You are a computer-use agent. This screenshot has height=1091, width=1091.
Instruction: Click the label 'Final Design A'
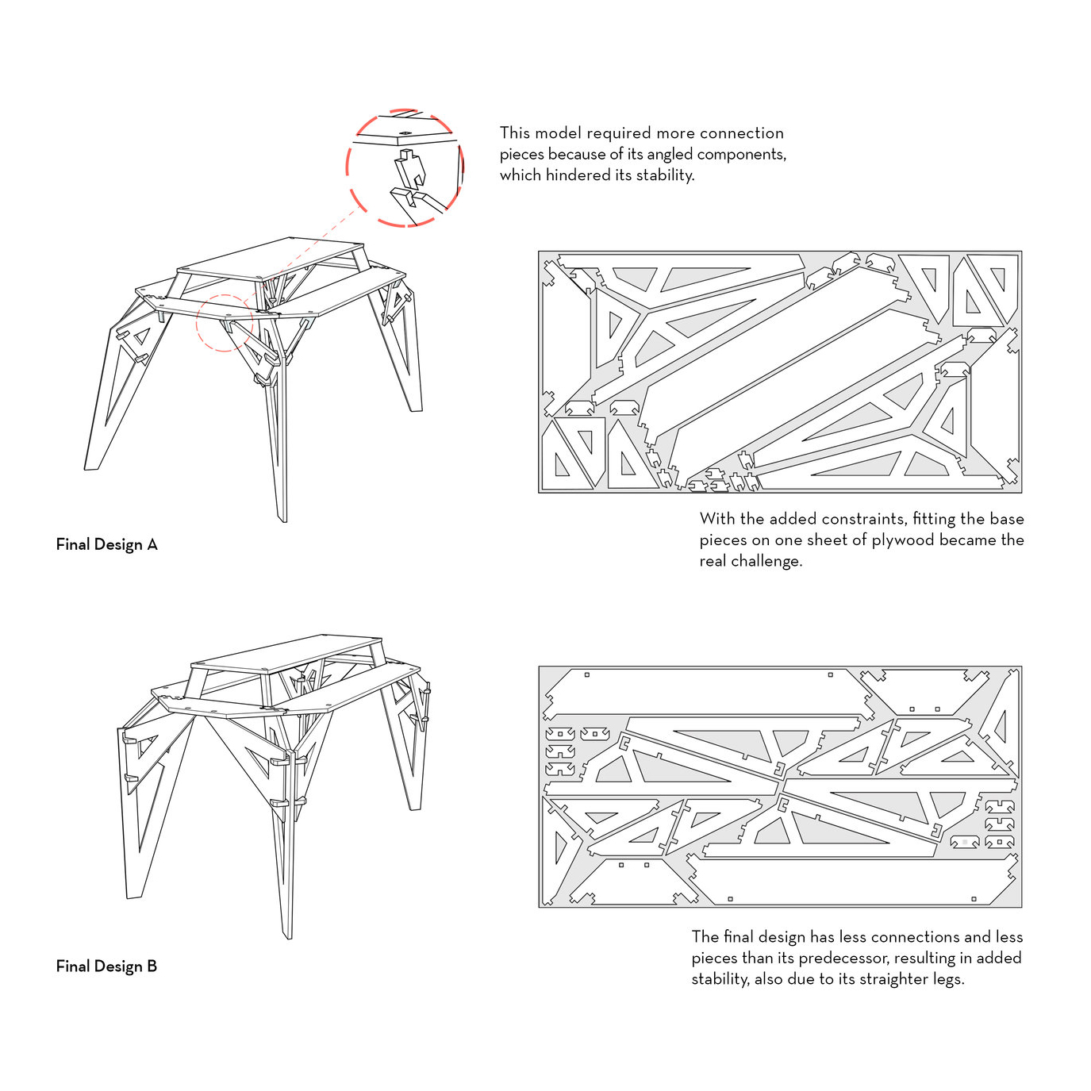(106, 544)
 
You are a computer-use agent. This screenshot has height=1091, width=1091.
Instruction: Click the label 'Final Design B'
(106, 966)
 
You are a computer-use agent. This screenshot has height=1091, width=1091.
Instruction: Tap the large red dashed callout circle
(405, 168)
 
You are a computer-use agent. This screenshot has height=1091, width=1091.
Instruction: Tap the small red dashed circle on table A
(225, 322)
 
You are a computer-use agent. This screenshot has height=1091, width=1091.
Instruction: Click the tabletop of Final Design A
(270, 258)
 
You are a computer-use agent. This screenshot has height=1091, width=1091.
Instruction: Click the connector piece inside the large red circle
(409, 170)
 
